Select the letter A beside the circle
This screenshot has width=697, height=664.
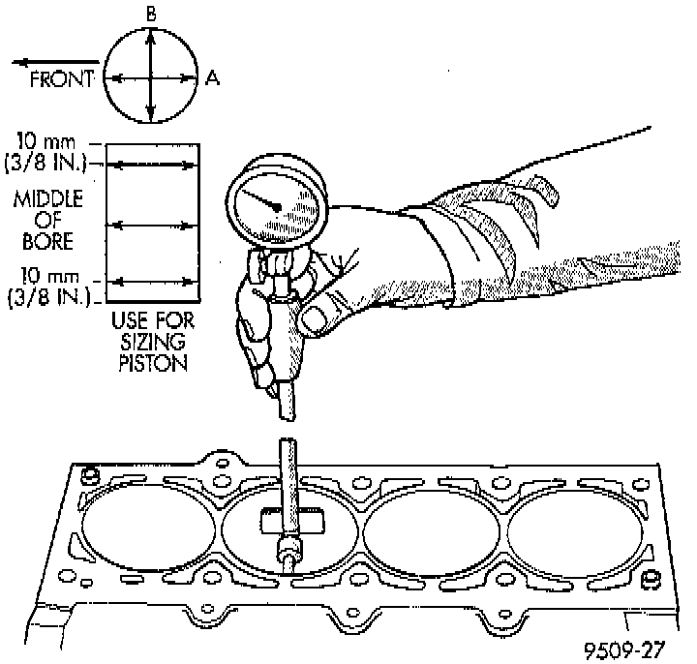(211, 78)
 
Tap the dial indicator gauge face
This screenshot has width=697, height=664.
(277, 206)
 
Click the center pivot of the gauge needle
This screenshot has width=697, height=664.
(278, 207)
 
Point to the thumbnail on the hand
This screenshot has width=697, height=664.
(315, 317)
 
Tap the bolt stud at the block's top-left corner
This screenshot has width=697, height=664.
(90, 476)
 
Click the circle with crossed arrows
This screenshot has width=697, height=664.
(150, 77)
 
